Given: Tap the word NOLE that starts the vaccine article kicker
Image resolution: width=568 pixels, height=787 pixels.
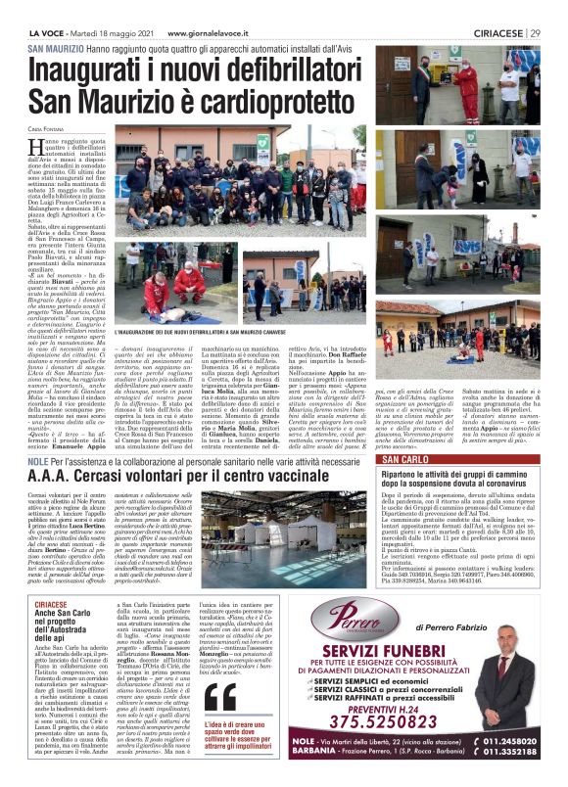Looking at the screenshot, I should click(38, 459).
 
